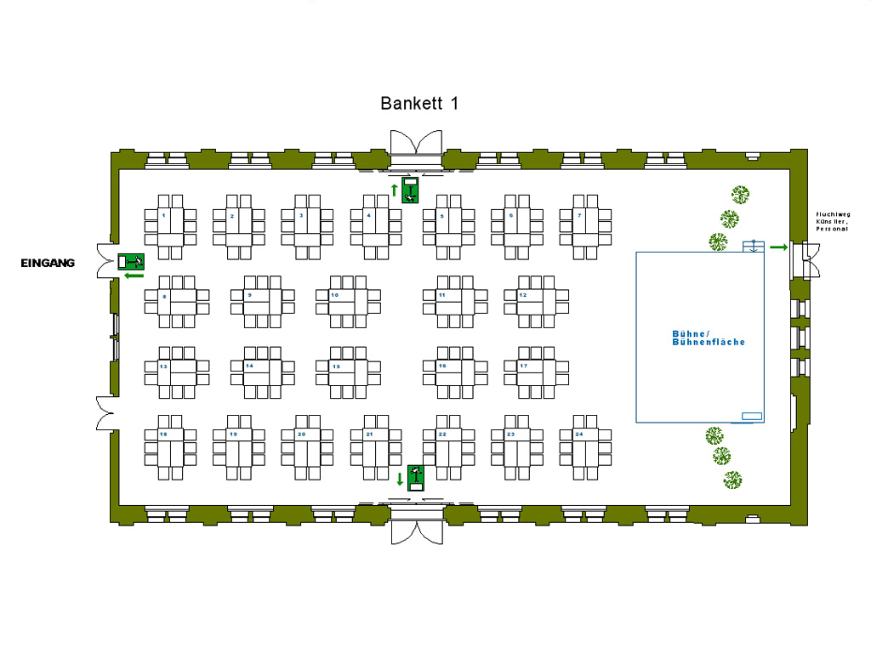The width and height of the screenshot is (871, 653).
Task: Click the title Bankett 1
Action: point(419,104)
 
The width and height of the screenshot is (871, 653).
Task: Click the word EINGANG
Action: point(48,264)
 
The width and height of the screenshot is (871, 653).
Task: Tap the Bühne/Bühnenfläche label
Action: point(709,338)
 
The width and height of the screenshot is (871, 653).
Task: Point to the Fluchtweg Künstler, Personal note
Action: point(833,221)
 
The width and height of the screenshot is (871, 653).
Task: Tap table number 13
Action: point(177,372)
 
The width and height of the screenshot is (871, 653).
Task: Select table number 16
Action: point(455,372)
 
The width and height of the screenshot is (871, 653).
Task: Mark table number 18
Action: point(170,447)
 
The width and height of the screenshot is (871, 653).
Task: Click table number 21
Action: point(376,447)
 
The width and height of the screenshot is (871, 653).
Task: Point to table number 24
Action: point(586,447)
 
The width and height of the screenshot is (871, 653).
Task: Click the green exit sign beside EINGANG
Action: point(132,261)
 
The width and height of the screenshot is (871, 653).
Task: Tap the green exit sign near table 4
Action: point(411,190)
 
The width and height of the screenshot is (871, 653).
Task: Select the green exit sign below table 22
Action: point(416,478)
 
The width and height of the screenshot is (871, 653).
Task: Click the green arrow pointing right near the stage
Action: point(778,247)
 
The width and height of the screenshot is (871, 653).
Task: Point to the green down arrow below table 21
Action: point(400,480)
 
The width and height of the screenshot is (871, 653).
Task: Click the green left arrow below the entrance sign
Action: point(134,275)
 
